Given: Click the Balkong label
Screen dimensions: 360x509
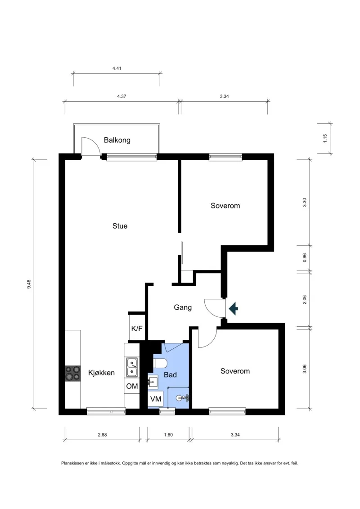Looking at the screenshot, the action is pyautogui.click(x=117, y=140).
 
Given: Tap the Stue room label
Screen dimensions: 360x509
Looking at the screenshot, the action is pyautogui.click(x=120, y=226).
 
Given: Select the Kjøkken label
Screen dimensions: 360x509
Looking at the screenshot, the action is pyautogui.click(x=101, y=373).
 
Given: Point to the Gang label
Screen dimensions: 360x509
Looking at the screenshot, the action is pyautogui.click(x=183, y=307).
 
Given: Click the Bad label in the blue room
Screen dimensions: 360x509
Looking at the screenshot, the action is pyautogui.click(x=170, y=375).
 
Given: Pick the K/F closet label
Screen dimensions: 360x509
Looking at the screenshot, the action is pyautogui.click(x=137, y=329).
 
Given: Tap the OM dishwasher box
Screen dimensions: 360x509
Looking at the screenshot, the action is pyautogui.click(x=132, y=386).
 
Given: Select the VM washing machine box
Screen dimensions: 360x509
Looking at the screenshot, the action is pyautogui.click(x=156, y=399).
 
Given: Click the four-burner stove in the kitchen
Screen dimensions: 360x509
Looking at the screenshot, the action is pyautogui.click(x=73, y=373).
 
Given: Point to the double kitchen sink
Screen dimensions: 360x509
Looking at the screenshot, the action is pyautogui.click(x=132, y=367).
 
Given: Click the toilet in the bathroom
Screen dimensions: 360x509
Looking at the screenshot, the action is pyautogui.click(x=160, y=363).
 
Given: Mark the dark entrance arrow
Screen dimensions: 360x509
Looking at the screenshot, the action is pyautogui.click(x=234, y=308).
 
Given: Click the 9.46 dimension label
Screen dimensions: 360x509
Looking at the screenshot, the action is pyautogui.click(x=29, y=284).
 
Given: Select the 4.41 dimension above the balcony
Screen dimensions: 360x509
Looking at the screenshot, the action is pyautogui.click(x=117, y=68).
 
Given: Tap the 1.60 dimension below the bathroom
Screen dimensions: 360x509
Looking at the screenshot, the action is pyautogui.click(x=168, y=435).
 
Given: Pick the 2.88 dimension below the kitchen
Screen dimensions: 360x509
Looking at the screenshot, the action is pyautogui.click(x=102, y=435).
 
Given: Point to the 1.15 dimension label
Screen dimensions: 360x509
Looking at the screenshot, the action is pyautogui.click(x=325, y=139).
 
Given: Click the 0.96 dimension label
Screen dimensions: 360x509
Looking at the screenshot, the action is pyautogui.click(x=305, y=258).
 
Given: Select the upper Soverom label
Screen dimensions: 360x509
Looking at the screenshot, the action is pyautogui.click(x=225, y=206).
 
